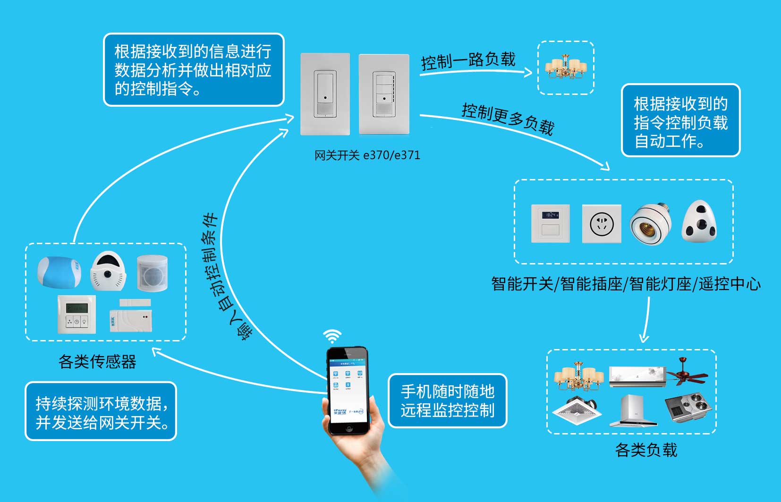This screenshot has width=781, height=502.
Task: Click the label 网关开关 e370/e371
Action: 367,155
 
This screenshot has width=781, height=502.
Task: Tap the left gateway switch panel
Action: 325,94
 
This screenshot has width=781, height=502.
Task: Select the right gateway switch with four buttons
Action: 384,94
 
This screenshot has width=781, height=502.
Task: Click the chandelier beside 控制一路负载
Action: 566,68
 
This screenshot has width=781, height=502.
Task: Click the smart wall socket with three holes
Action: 602,223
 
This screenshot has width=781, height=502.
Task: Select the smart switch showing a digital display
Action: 551,223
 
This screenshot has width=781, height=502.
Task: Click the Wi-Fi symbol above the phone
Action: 332,336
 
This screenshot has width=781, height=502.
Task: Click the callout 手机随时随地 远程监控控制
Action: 447,400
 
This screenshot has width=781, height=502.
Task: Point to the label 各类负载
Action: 646,450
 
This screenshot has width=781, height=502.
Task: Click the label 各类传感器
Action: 97,361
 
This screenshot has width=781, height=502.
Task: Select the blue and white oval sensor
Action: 59,272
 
